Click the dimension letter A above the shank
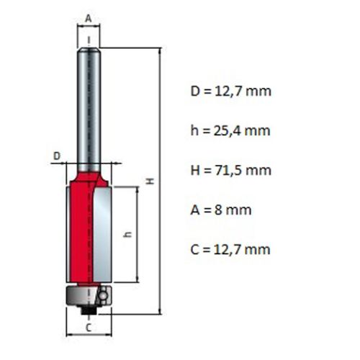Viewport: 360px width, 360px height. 89,19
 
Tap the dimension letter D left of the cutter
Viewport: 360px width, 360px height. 57,156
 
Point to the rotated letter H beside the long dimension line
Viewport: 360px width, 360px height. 150,181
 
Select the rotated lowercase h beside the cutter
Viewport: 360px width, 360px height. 128,235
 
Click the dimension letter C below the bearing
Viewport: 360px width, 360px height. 89,328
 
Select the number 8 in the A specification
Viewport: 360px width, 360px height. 218,210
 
